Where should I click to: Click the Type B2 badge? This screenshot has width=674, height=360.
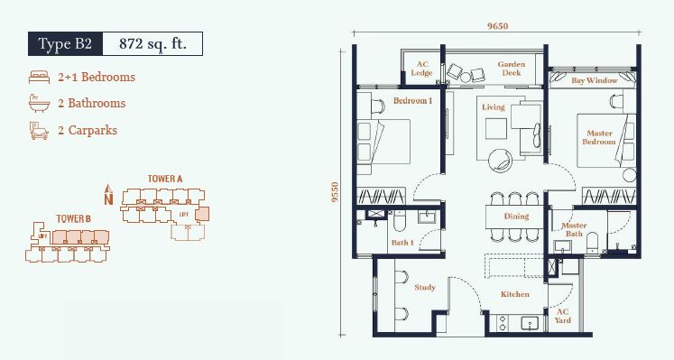click(x=65, y=44)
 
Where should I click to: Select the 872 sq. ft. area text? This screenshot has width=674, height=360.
click(x=152, y=44)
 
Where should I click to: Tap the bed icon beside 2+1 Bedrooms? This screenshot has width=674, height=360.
click(x=40, y=78)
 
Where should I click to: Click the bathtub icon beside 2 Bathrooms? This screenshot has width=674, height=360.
click(x=40, y=104)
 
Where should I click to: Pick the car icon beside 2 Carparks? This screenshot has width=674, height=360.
click(x=39, y=131)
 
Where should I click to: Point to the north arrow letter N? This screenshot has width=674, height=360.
click(x=109, y=199)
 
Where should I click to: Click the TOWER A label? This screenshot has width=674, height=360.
click(x=165, y=179)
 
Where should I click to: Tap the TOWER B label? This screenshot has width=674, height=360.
click(x=73, y=219)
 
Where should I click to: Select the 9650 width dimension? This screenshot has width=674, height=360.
click(x=497, y=26)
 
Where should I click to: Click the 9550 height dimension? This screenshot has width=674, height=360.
click(x=335, y=192)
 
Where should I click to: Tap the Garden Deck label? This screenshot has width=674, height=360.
click(x=511, y=69)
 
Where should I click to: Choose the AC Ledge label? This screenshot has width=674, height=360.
click(x=421, y=69)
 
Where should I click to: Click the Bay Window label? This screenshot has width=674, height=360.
click(x=595, y=80)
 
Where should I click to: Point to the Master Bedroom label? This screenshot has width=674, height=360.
click(x=599, y=137)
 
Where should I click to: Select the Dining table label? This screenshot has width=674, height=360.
click(x=516, y=216)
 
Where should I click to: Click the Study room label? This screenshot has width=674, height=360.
click(x=425, y=288)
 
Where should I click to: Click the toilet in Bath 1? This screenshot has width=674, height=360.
click(x=400, y=221)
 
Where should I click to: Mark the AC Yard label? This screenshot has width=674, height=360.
click(x=563, y=316)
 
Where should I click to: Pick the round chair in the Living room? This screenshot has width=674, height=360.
click(x=500, y=162)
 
